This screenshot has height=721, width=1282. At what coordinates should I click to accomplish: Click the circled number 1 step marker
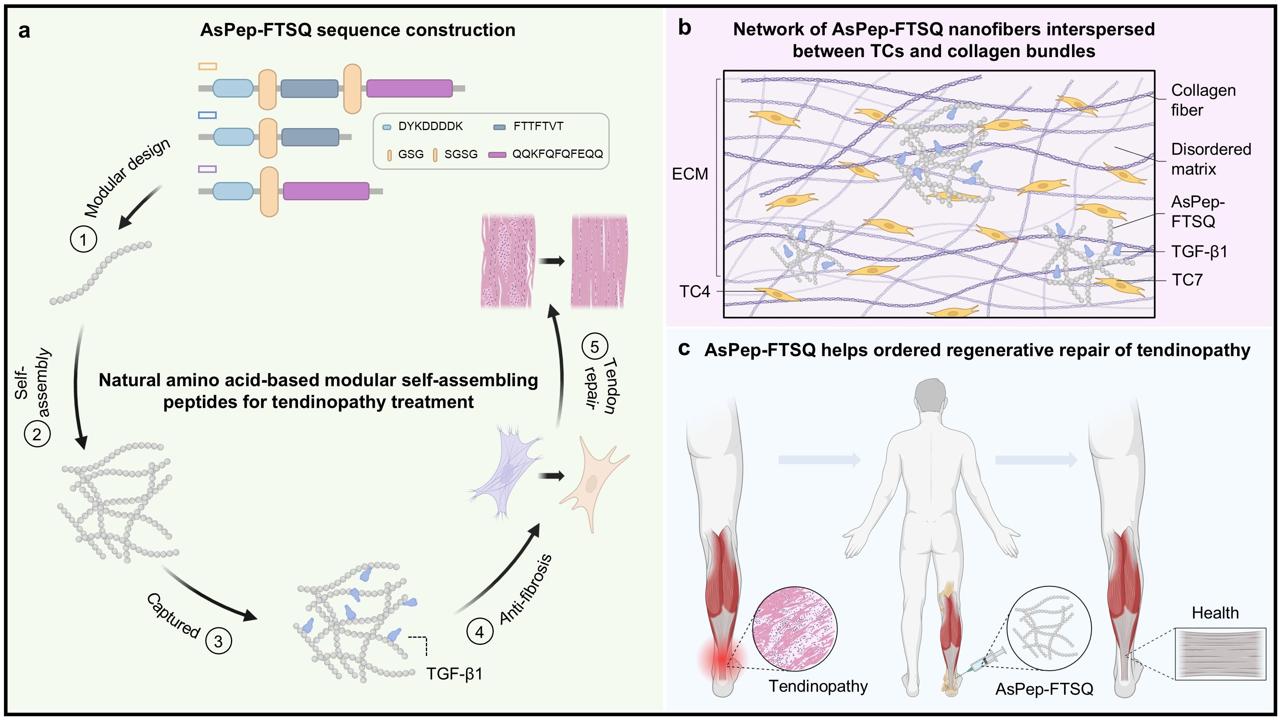click(83, 239)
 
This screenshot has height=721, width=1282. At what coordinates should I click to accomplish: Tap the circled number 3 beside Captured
click(218, 641)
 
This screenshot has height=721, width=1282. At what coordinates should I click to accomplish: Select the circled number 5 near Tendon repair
click(594, 347)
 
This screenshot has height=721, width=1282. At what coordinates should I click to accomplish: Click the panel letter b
click(685, 28)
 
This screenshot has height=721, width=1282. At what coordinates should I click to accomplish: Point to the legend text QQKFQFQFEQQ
click(557, 154)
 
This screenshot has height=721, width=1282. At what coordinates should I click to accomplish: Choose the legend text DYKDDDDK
click(431, 126)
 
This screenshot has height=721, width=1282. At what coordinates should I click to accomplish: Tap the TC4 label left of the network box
click(695, 291)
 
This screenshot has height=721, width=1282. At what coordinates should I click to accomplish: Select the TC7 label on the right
click(1187, 280)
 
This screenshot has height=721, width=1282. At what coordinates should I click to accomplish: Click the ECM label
click(690, 174)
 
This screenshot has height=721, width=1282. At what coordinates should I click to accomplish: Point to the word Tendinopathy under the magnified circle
click(818, 686)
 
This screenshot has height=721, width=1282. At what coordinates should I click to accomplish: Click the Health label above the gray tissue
click(1215, 613)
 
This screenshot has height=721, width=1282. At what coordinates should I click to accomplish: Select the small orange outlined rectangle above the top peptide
click(208, 66)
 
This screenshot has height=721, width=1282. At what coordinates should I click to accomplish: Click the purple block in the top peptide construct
click(409, 88)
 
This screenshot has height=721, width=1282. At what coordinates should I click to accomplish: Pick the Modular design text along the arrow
click(127, 178)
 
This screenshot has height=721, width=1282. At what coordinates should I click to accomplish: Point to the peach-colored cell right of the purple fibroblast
click(594, 482)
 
